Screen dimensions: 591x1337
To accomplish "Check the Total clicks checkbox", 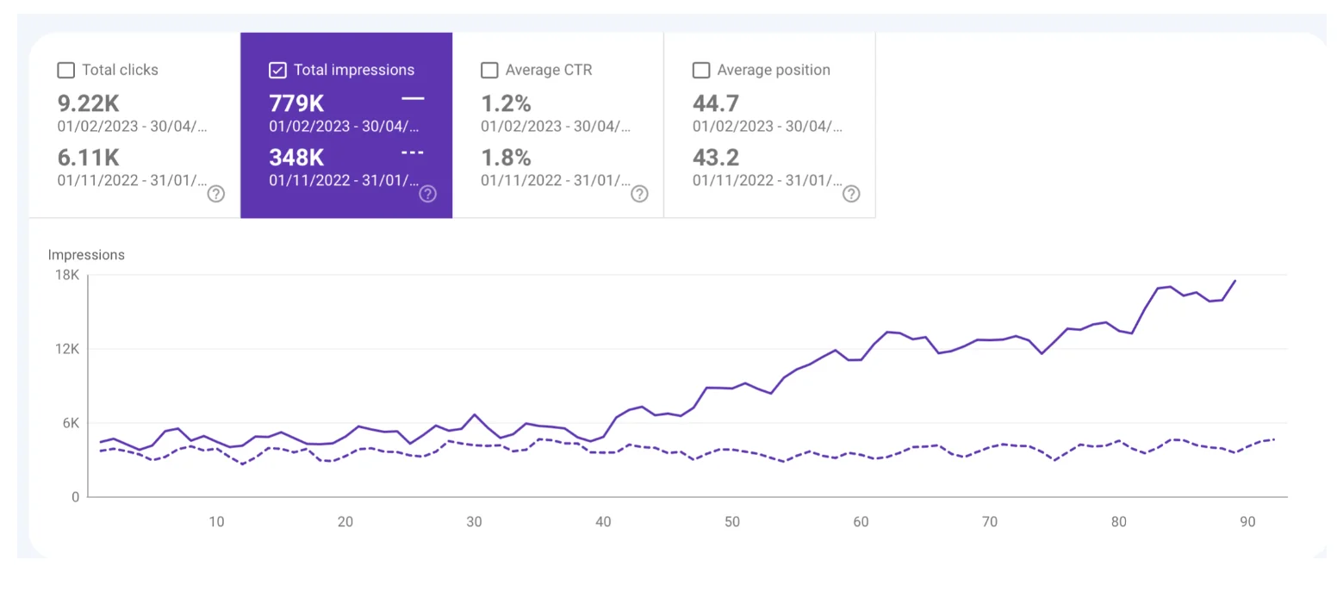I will coord(65,70).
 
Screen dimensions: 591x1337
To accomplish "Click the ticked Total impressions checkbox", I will coord(277,70).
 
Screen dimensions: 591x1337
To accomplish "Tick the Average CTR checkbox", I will coord(489,70).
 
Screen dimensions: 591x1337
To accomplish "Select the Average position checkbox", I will coord(701,70).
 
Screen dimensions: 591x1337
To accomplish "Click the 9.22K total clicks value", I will coord(88,103).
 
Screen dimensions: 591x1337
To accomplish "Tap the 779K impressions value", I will coord(296,103).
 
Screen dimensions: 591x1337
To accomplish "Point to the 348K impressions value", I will coord(296,158).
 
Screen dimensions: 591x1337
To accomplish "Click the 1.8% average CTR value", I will coord(506,158).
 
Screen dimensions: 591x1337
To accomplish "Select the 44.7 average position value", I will coord(716,103).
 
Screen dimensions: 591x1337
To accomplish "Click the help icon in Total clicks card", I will coord(216,194).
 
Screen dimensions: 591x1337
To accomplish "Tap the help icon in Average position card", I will coord(851,194).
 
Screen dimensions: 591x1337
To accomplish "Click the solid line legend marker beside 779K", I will coord(413,99).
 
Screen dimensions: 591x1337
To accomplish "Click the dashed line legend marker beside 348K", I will coord(413,153).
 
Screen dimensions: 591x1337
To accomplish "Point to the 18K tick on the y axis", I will coord(67,275).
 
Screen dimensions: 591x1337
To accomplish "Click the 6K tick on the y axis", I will coord(69,423).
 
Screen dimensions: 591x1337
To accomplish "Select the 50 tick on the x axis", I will coord(731,522).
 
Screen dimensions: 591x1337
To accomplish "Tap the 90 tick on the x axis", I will coord(1247,522).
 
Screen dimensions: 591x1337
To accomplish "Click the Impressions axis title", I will coord(86,255).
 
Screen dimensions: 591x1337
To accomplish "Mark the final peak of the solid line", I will coord(1235,280).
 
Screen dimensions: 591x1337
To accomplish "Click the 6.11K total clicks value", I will coord(88,158).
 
